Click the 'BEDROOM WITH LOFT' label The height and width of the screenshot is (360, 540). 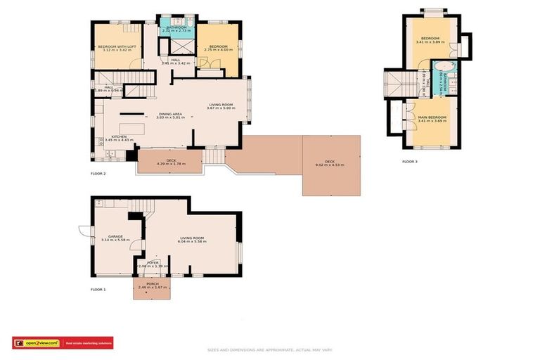117,46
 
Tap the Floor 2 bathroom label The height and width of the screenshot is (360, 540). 176,27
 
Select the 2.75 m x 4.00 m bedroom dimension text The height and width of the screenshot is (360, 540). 218,51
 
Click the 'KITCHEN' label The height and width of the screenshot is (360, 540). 118,136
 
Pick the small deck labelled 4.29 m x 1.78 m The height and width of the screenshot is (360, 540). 170,164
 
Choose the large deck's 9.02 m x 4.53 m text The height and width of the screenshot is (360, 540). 330,167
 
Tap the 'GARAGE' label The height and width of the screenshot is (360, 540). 115,236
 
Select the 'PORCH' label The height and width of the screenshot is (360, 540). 153,283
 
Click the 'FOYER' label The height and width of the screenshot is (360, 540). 153,262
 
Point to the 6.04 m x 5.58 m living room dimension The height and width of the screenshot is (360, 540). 191,241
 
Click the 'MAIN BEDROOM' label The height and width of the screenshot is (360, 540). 432,117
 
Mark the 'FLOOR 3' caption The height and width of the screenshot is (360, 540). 409,162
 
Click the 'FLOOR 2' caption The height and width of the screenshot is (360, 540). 98,173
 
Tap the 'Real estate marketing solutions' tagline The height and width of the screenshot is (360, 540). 89,343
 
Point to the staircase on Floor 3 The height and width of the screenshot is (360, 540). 400,83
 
